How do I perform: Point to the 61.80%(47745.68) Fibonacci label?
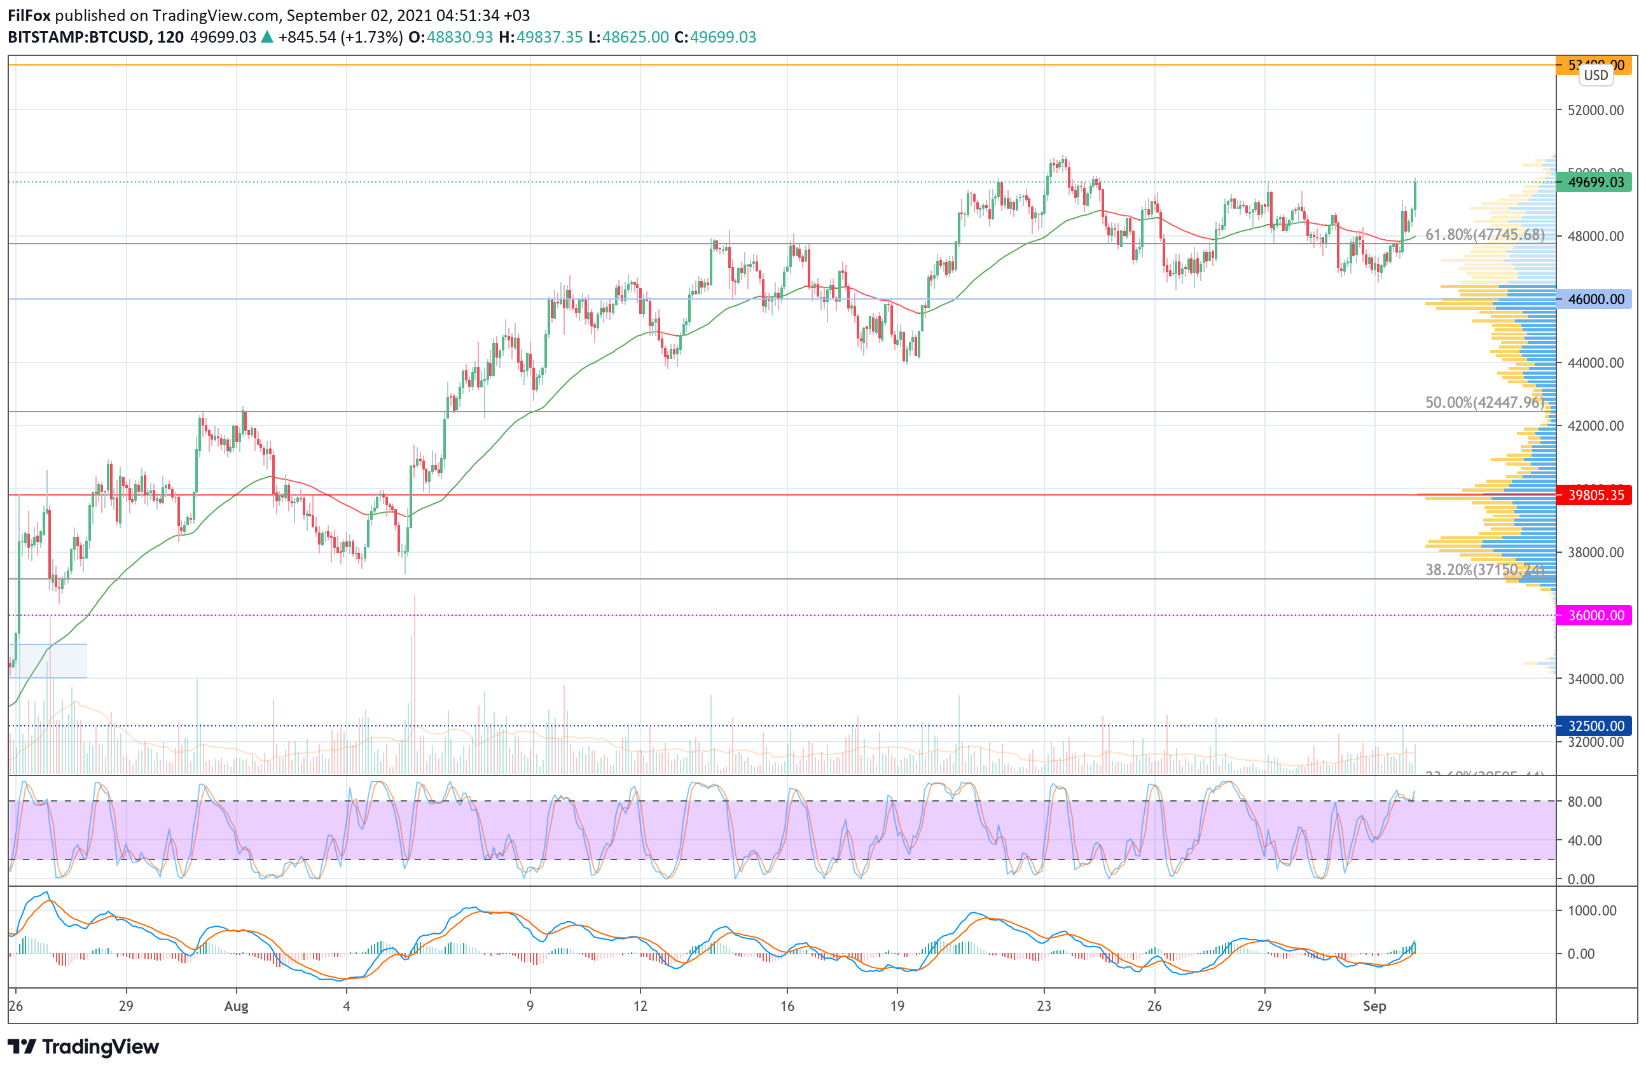pyautogui.click(x=1484, y=235)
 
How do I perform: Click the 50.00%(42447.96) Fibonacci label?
pyautogui.click(x=1484, y=402)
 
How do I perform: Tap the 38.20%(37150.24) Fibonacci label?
pyautogui.click(x=1484, y=569)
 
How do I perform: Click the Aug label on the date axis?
pyautogui.click(x=236, y=1006)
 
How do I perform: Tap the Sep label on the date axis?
pyautogui.click(x=1374, y=1006)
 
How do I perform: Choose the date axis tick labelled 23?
pyautogui.click(x=1044, y=1006)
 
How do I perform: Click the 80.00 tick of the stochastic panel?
pyautogui.click(x=1584, y=802)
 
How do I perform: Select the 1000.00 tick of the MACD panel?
pyautogui.click(x=1591, y=910)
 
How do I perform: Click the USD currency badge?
pyautogui.click(x=1596, y=76)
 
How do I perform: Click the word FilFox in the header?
pyautogui.click(x=29, y=15)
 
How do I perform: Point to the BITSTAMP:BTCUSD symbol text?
pyautogui.click(x=80, y=38)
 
